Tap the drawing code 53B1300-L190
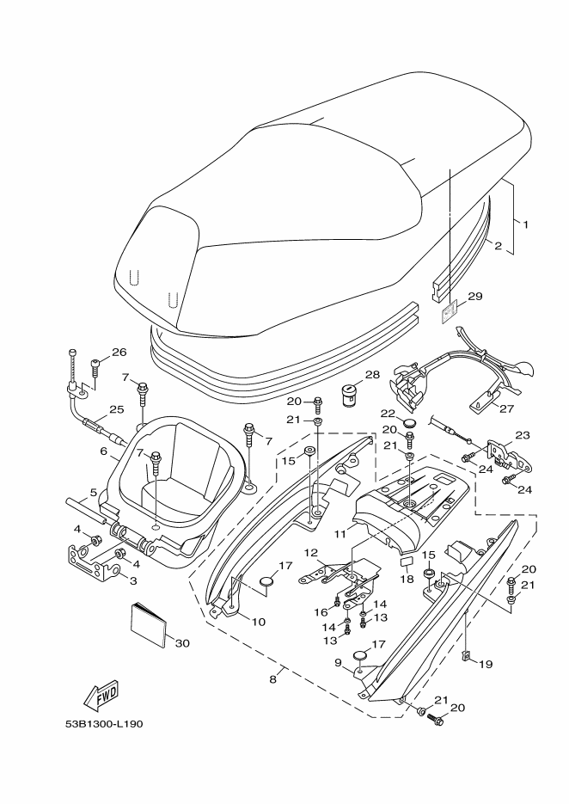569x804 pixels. point(104,724)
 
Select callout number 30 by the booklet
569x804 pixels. point(182,643)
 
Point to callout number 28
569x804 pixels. point(373,375)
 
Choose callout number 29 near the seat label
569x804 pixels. point(475,296)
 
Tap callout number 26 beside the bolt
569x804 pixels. point(119,353)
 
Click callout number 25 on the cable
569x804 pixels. point(117,409)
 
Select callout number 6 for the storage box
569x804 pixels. point(103,451)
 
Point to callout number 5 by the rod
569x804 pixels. point(94,493)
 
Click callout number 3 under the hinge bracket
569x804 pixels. point(132,581)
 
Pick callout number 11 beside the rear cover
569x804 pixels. point(341,534)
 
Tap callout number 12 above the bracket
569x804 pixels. point(311,553)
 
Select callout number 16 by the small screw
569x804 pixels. point(321,612)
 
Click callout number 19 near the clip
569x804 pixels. point(486,664)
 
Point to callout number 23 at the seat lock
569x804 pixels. point(523,435)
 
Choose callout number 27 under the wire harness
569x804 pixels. point(506,408)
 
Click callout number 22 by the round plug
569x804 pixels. point(388,414)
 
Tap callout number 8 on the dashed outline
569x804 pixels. point(272,679)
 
